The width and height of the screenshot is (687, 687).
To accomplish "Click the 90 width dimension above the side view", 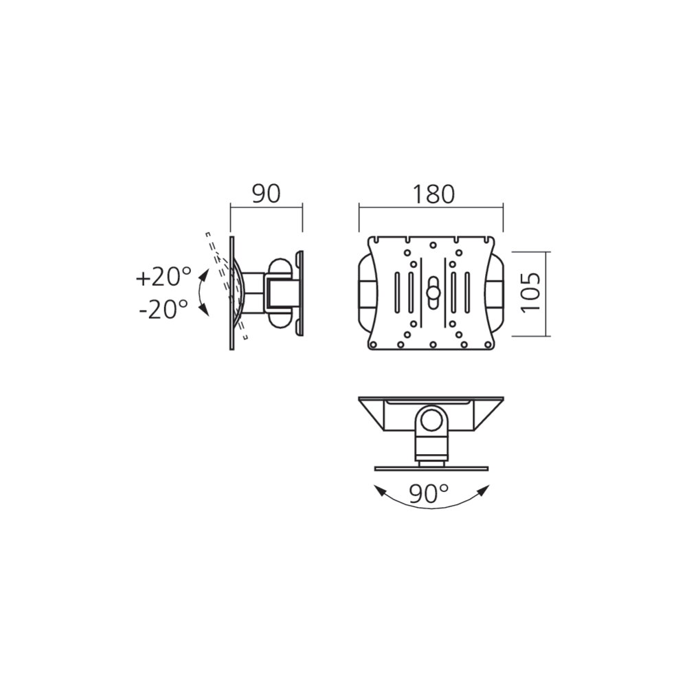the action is [x=267, y=194].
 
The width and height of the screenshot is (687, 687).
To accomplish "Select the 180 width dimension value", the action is [x=433, y=194].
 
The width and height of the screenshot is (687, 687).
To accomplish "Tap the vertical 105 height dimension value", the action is [x=531, y=293].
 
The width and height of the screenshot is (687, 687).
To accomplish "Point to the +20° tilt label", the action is [x=164, y=277].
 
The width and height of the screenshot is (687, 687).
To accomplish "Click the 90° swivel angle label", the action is [x=429, y=494].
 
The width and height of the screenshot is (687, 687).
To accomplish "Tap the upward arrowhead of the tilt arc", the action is [x=205, y=275].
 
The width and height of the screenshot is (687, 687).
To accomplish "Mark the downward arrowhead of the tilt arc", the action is [x=204, y=311].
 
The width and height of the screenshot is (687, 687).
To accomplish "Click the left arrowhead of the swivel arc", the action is [x=379, y=491].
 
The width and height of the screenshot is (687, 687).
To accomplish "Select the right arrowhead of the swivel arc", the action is [x=483, y=491].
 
